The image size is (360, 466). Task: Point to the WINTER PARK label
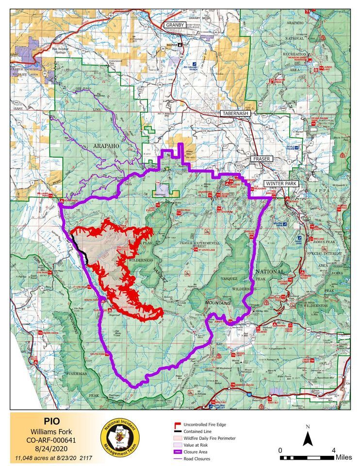[281, 183]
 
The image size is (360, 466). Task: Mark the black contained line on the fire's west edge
[79, 246]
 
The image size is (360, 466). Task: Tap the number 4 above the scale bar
[333, 450]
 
